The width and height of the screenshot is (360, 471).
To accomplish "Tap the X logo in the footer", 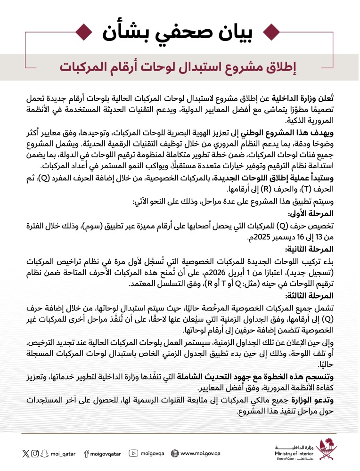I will (x=25, y=454).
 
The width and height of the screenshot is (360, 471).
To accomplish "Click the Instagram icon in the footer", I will (x=35, y=454).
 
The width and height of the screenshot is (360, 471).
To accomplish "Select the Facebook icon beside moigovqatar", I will (x=86, y=454).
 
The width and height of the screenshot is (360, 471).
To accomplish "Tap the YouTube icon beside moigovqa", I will (x=133, y=454).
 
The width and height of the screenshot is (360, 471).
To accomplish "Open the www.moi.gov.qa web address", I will (x=201, y=454).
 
